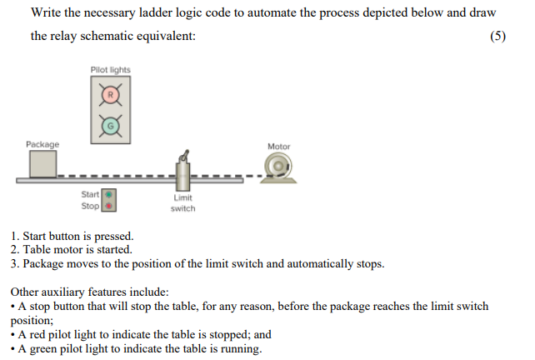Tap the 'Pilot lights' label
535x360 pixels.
(111, 69)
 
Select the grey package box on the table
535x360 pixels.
(42, 165)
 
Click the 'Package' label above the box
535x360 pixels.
(42, 145)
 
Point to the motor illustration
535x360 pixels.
(277, 167)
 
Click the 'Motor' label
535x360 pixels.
(278, 147)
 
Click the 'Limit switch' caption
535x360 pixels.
(182, 203)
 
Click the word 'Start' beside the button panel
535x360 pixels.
(90, 195)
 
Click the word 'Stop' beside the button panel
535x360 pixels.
(91, 206)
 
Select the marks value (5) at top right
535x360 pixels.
(497, 37)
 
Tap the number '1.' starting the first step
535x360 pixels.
(15, 237)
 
